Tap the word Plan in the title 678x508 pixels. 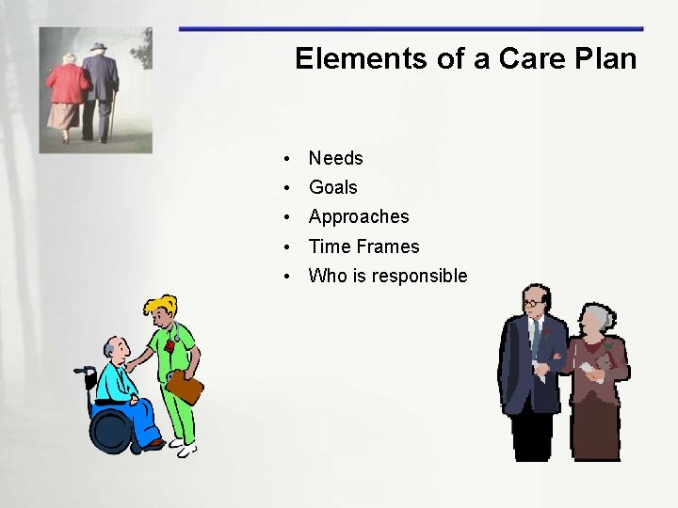tap(603, 58)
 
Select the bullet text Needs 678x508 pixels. tap(335, 158)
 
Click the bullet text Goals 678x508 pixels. tap(332, 187)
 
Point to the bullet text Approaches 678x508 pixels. tap(359, 216)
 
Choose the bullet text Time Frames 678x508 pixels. tap(363, 246)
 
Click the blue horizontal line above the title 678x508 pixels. tap(411, 29)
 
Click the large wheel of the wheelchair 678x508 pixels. tap(112, 430)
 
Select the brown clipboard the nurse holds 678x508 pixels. tap(184, 386)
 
